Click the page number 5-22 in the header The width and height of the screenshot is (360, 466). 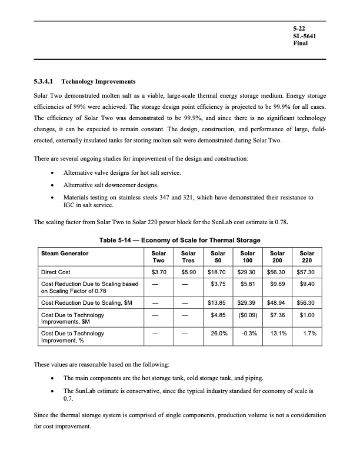pyautogui.click(x=299, y=28)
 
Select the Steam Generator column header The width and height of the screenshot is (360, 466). pyautogui.click(x=65, y=253)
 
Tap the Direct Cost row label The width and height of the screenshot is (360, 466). pyautogui.click(x=56, y=273)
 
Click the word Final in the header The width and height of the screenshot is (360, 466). pyautogui.click(x=301, y=44)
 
